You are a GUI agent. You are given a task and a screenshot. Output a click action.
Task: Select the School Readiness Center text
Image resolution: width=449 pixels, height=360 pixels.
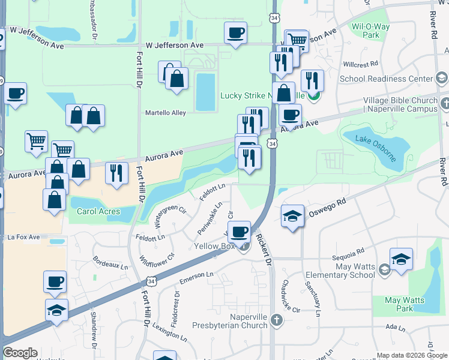(386, 79)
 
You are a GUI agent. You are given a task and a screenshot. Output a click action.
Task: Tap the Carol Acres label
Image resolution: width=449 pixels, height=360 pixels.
(98, 211)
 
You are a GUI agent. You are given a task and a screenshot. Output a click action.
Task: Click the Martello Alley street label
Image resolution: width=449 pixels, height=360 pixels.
(166, 112)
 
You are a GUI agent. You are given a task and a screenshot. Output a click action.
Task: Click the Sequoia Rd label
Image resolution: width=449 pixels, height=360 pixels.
(348, 251)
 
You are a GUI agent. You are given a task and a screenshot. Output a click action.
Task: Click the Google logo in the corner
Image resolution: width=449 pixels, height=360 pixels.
(20, 353)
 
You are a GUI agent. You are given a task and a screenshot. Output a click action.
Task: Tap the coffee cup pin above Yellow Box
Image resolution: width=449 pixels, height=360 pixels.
(239, 232)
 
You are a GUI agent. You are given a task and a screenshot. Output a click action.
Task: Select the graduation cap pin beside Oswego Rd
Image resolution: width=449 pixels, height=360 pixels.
(292, 215)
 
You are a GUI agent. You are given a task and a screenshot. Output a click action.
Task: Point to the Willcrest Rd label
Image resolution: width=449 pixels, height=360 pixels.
(360, 63)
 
